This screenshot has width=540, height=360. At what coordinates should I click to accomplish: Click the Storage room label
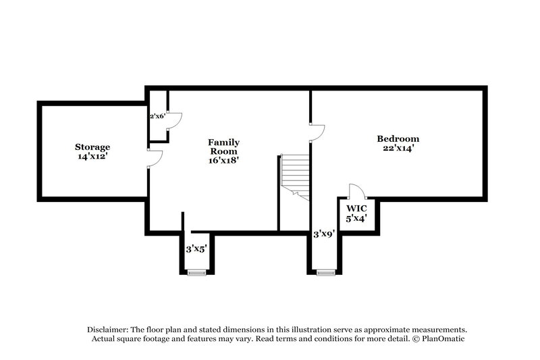pos(92,147)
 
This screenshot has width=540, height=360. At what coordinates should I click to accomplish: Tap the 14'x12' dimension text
pos(92,155)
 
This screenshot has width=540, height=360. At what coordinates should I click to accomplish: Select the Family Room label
pos(223,147)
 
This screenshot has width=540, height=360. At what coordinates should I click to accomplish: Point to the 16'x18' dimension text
pos(223,161)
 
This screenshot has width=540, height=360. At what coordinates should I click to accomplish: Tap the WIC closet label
pos(356,208)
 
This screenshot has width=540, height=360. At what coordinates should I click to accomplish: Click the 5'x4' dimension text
pos(356,219)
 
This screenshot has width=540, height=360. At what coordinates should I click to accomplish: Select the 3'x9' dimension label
pos(323,234)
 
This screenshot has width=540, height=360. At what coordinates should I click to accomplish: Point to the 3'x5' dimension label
pos(196,249)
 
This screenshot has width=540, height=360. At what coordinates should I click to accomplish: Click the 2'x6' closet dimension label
pos(157,115)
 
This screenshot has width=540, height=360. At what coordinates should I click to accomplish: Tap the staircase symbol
pos(295,176)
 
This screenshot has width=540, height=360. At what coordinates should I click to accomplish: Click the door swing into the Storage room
pos(155,157)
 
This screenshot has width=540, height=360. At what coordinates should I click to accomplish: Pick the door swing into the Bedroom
pos(316,131)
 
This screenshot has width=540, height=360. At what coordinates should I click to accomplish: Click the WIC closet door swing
pos(356,190)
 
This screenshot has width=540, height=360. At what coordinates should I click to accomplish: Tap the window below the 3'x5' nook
pos(196,272)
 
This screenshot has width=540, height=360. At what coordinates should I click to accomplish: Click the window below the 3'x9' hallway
pos(326,272)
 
